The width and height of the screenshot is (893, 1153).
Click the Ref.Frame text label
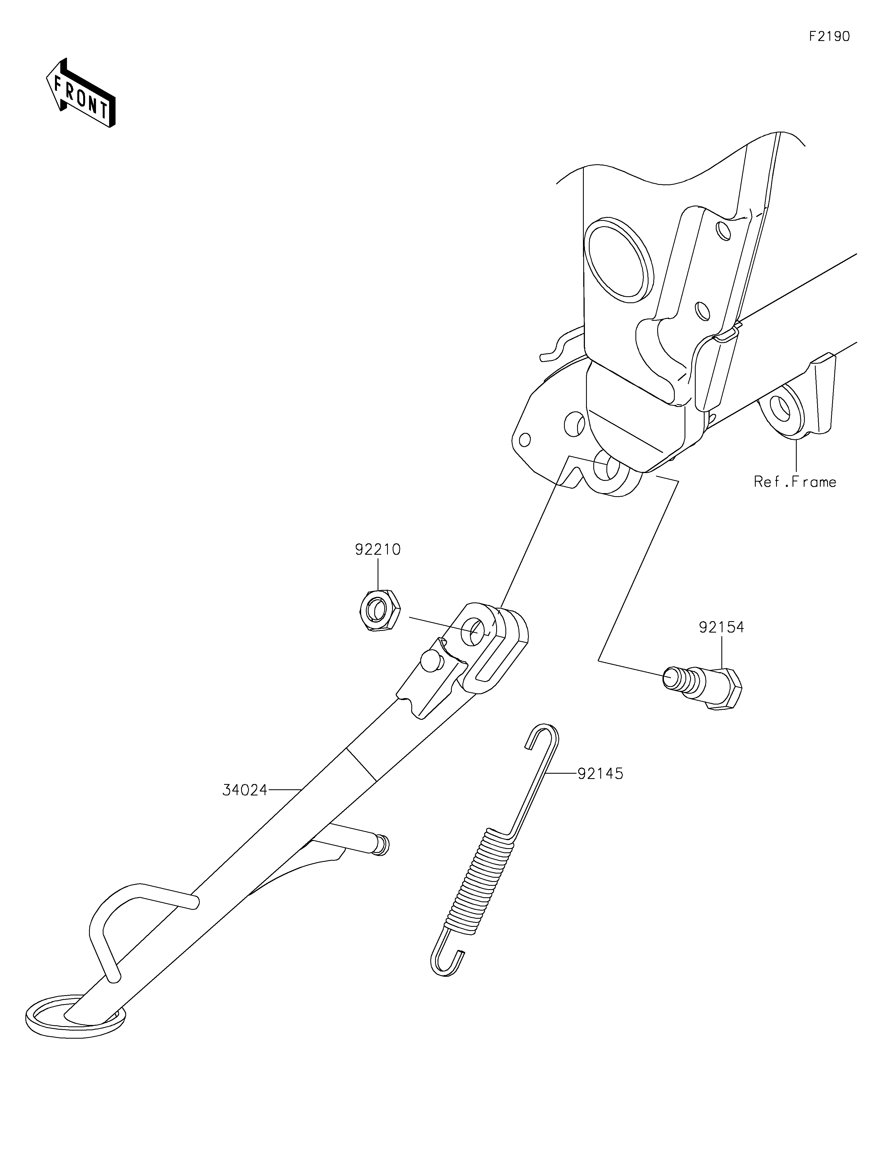pos(795,482)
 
